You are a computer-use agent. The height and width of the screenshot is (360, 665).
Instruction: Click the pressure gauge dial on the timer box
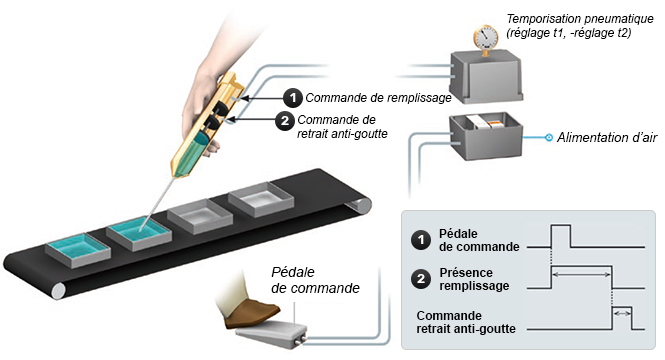click(485, 37)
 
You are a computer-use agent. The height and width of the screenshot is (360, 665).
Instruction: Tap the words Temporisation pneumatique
click(580, 19)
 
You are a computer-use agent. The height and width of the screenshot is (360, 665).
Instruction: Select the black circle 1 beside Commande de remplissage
click(293, 98)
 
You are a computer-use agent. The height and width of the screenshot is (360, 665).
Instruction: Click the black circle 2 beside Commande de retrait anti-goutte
click(285, 121)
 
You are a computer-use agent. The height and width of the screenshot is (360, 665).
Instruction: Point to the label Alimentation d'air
click(607, 137)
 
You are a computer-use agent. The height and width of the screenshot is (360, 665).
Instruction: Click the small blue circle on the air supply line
click(548, 137)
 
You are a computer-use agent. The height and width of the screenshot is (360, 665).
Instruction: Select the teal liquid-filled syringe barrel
click(191, 154)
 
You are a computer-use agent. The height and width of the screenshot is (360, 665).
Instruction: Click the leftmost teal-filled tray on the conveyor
click(78, 250)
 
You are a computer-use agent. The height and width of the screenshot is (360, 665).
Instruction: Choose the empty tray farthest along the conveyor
click(261, 199)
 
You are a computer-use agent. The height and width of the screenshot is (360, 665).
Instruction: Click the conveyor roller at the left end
click(58, 291)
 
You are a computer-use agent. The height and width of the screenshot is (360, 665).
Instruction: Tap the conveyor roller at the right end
click(359, 206)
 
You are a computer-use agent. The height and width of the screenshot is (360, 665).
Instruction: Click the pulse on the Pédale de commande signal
click(561, 236)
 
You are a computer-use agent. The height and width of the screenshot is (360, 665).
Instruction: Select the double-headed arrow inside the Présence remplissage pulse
click(582, 275)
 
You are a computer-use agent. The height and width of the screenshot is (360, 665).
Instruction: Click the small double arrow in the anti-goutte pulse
click(622, 313)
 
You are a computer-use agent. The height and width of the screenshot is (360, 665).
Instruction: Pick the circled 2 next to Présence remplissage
click(421, 279)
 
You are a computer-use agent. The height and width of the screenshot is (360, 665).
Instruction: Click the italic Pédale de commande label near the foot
click(315, 280)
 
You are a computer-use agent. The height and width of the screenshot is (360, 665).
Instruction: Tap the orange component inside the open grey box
click(494, 124)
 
